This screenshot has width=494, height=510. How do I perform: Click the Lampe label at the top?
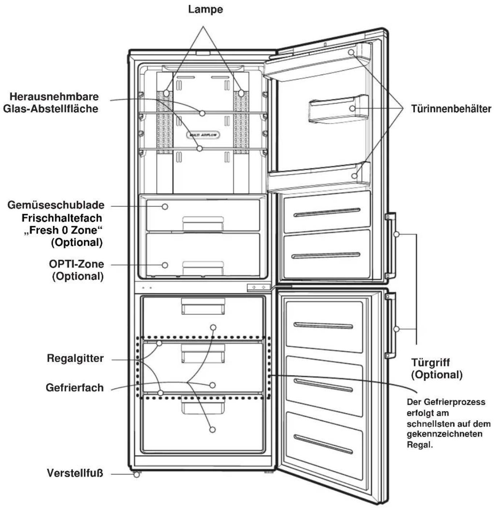(x=206, y=9)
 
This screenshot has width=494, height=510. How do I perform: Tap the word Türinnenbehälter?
(x=451, y=109)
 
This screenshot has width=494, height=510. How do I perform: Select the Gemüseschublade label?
(x=56, y=205)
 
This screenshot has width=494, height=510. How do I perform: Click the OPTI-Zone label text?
(x=77, y=264)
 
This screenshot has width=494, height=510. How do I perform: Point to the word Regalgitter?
(x=75, y=358)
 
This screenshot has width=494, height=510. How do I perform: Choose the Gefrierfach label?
(x=75, y=387)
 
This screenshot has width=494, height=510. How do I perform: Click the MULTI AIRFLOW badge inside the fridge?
(x=203, y=135)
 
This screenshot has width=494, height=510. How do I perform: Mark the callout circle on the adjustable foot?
(x=137, y=474)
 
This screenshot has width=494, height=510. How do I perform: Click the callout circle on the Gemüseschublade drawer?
(x=165, y=207)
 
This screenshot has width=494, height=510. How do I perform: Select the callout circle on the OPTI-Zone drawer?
(x=165, y=265)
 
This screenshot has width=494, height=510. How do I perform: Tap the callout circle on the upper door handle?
(x=397, y=234)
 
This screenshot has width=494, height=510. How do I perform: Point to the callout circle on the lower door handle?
(x=397, y=329)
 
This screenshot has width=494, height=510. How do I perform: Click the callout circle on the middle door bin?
(x=353, y=108)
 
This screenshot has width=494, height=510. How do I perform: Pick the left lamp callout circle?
(x=166, y=93)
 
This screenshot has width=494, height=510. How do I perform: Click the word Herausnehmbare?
(x=54, y=97)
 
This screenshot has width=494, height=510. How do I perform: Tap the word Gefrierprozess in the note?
(x=454, y=402)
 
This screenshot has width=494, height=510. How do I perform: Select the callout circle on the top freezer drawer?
(x=213, y=327)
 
